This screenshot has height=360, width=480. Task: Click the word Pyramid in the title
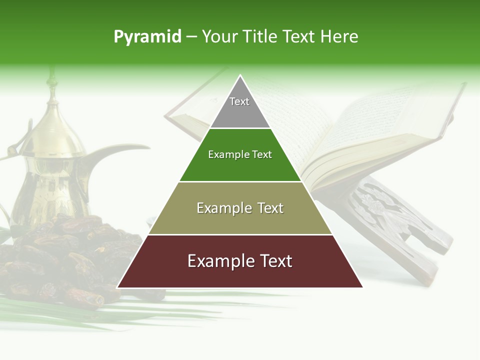click(147, 37)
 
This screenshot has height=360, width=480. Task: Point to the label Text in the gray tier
click(239, 101)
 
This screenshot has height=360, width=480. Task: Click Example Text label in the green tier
click(240, 154)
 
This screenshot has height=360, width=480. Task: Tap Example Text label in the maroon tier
click(240, 261)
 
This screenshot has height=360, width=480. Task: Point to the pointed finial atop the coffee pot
click(50, 80)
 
